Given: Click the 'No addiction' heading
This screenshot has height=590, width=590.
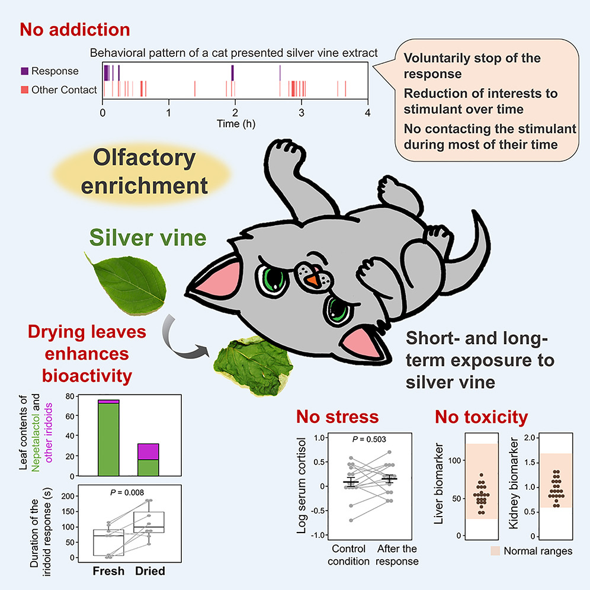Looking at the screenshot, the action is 75,30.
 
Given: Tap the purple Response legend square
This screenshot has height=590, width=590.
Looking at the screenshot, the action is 25,70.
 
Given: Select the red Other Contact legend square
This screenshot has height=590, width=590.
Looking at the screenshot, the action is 25,89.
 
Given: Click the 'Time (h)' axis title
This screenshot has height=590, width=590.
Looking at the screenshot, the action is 236,124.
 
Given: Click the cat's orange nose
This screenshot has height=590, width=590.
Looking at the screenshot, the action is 312,280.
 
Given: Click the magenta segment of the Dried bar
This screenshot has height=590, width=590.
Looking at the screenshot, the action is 148,452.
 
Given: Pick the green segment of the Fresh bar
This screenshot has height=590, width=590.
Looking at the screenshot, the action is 108,440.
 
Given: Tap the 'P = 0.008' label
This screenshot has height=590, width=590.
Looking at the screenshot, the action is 127,492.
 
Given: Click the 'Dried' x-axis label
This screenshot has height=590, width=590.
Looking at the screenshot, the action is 150,571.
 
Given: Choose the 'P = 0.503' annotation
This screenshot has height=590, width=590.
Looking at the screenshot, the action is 369,439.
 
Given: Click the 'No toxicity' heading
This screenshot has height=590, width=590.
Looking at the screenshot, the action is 482,417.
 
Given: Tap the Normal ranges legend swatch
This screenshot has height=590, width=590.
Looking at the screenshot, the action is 495,551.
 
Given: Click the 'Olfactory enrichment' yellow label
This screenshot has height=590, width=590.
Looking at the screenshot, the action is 144,172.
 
